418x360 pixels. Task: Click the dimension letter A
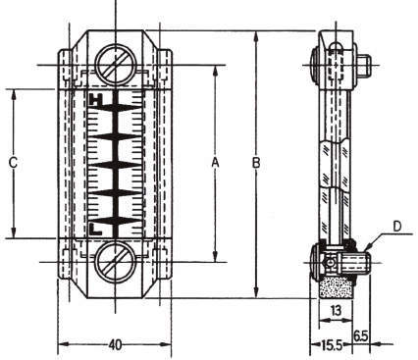[x=215, y=162]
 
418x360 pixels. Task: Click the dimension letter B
[x=256, y=163]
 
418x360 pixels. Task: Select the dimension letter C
[x=13, y=163]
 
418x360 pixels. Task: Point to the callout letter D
[x=396, y=227]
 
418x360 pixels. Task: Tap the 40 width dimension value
[x=115, y=344]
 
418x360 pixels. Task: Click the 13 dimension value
[x=336, y=310]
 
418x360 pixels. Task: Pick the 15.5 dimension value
[x=332, y=344]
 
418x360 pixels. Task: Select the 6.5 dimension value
[x=361, y=335]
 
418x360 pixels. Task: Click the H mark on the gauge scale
[x=96, y=100]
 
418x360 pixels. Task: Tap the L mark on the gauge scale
[x=95, y=230]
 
